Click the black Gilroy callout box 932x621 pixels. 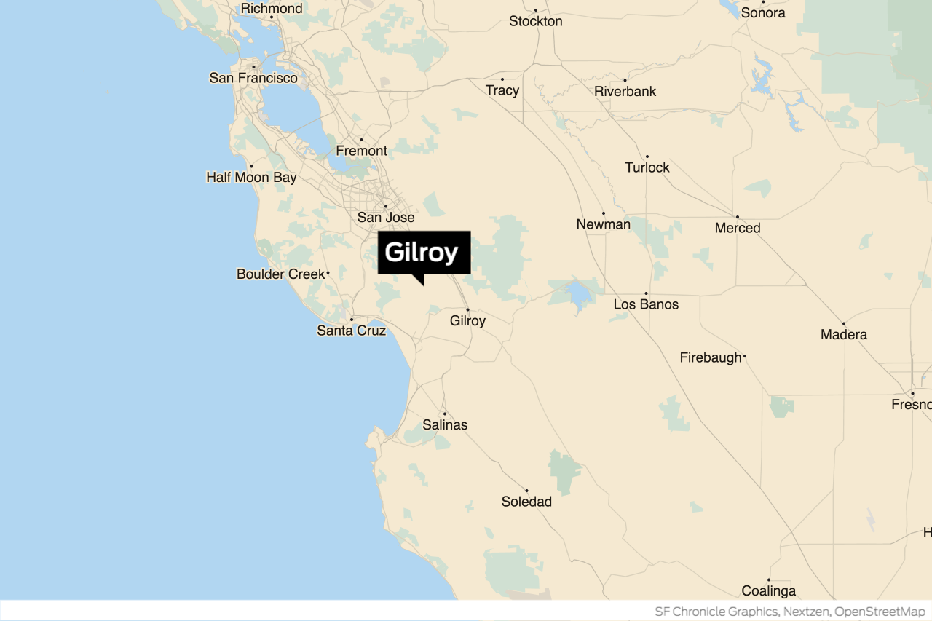tap(424, 253)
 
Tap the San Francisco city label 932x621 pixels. tap(253, 78)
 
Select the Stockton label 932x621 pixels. tap(535, 21)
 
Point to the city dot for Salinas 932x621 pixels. tap(445, 414)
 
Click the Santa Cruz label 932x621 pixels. tap(351, 331)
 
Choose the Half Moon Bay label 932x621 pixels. tap(251, 178)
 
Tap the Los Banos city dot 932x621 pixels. tap(646, 293)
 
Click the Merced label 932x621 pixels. tap(737, 228)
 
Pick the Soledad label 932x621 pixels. tap(526, 502)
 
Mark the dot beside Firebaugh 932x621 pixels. tap(744, 357)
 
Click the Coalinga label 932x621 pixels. tap(768, 591)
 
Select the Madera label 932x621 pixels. tap(843, 335)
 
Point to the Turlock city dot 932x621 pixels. tap(647, 156)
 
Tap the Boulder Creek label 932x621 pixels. tap(280, 274)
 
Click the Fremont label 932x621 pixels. tap(361, 151)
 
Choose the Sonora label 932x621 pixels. tap(763, 13)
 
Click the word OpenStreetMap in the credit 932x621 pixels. tap(880, 612)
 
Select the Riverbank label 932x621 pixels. tap(625, 92)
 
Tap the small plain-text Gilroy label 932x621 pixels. tap(467, 321)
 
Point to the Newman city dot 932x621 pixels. tap(603, 213)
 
